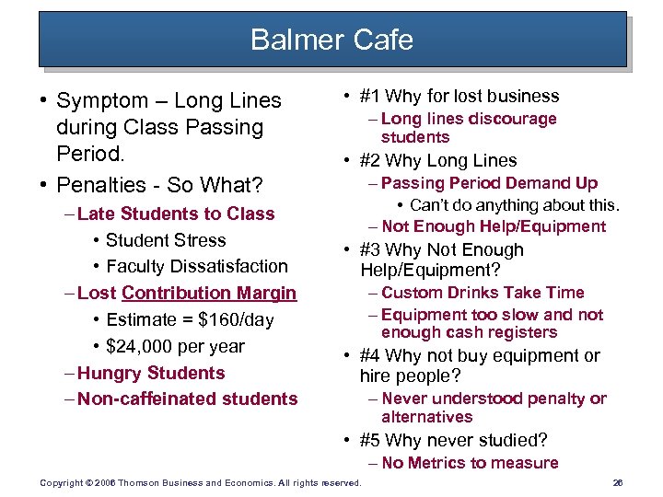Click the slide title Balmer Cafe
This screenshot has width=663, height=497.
(x=331, y=40)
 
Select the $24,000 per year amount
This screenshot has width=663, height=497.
(x=175, y=346)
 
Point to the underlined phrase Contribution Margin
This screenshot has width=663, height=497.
(x=209, y=293)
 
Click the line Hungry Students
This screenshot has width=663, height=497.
(x=151, y=373)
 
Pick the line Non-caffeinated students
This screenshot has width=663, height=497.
(x=188, y=399)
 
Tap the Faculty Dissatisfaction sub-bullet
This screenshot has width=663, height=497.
(x=197, y=266)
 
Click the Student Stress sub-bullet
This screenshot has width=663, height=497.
(x=166, y=240)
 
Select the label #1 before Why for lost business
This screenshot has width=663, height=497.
(x=371, y=96)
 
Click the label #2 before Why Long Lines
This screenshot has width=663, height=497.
(x=371, y=160)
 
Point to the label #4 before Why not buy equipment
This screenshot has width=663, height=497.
(x=371, y=355)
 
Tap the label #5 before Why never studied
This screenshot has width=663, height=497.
(x=371, y=440)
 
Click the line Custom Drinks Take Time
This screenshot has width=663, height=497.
(x=483, y=293)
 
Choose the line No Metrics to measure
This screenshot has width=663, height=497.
(x=470, y=463)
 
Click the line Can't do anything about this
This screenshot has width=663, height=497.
(x=515, y=204)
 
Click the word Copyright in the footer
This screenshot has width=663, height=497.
(x=60, y=483)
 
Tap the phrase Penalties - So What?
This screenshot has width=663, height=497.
(x=159, y=185)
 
